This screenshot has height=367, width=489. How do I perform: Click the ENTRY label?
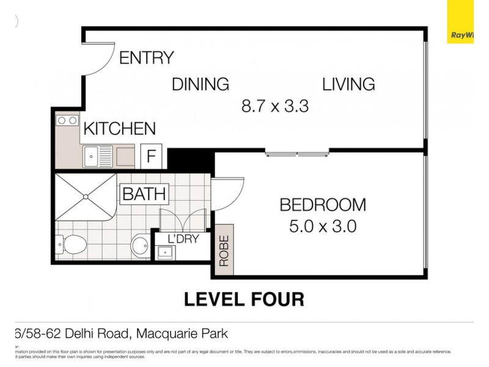pos(146,57)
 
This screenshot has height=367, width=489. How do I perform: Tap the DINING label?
pos(200,84)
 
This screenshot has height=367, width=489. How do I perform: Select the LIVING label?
pos(348,84)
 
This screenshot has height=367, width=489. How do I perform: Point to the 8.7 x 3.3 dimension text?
pos(274,106)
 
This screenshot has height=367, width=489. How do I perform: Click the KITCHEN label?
pos(119,129)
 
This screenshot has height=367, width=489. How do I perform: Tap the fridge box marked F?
pos(150,156)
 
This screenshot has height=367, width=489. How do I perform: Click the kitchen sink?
pos(98,157)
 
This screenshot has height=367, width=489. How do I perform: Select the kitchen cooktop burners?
pos(67,120)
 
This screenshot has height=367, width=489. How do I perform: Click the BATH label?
pos(144,195)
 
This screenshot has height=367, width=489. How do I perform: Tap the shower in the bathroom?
pos(85,197)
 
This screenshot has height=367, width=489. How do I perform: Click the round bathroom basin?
pos(140,246)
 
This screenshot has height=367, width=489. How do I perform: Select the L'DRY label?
pos(183,239)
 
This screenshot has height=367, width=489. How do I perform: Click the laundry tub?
pos(164,251)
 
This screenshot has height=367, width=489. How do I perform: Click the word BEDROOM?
pos(323,204)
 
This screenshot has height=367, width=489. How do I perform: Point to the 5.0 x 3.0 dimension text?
pos(323,226)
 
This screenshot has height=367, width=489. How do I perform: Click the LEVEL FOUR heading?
pos(244,300)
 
